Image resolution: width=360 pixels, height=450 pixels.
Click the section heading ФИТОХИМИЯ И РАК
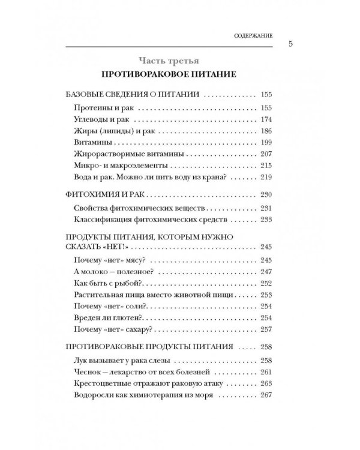[104, 194]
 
